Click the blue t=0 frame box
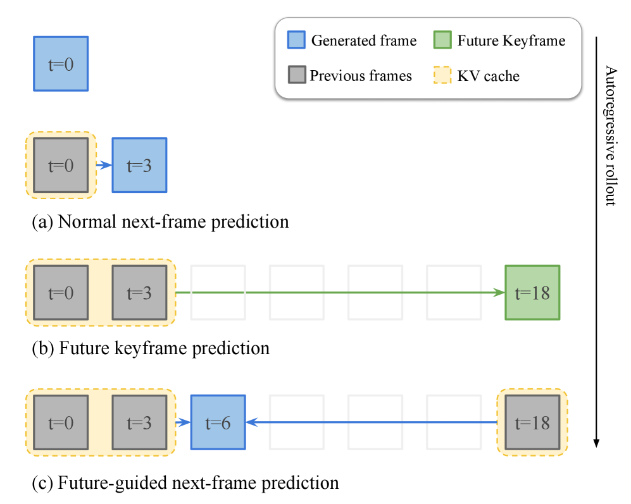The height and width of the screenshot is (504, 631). (x=61, y=64)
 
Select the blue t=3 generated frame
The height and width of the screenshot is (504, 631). (x=139, y=165)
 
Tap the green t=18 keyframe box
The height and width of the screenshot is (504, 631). (x=532, y=293)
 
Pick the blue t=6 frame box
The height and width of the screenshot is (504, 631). (x=218, y=422)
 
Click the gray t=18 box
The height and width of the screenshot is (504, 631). (x=532, y=422)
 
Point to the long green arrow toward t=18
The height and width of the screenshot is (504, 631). (x=335, y=293)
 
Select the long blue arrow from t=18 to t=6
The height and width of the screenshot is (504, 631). (x=373, y=422)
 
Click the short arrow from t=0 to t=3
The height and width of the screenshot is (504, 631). (x=104, y=165)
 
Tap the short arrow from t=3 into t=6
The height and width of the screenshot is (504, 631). (x=183, y=422)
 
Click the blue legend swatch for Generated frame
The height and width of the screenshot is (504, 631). (x=295, y=40)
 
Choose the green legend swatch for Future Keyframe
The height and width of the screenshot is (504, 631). (x=442, y=40)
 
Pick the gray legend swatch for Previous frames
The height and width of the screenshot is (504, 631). (x=295, y=76)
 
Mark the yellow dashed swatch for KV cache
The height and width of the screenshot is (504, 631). (x=442, y=76)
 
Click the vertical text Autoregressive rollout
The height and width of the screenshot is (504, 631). (x=610, y=135)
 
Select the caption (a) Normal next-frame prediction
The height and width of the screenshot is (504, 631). (x=160, y=222)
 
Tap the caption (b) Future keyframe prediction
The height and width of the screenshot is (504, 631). (x=151, y=348)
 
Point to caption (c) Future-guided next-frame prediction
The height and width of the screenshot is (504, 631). (x=185, y=483)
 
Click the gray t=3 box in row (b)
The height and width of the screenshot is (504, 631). (x=139, y=293)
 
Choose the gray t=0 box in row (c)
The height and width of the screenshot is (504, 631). (x=61, y=422)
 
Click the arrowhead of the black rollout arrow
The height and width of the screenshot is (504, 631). (x=596, y=443)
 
